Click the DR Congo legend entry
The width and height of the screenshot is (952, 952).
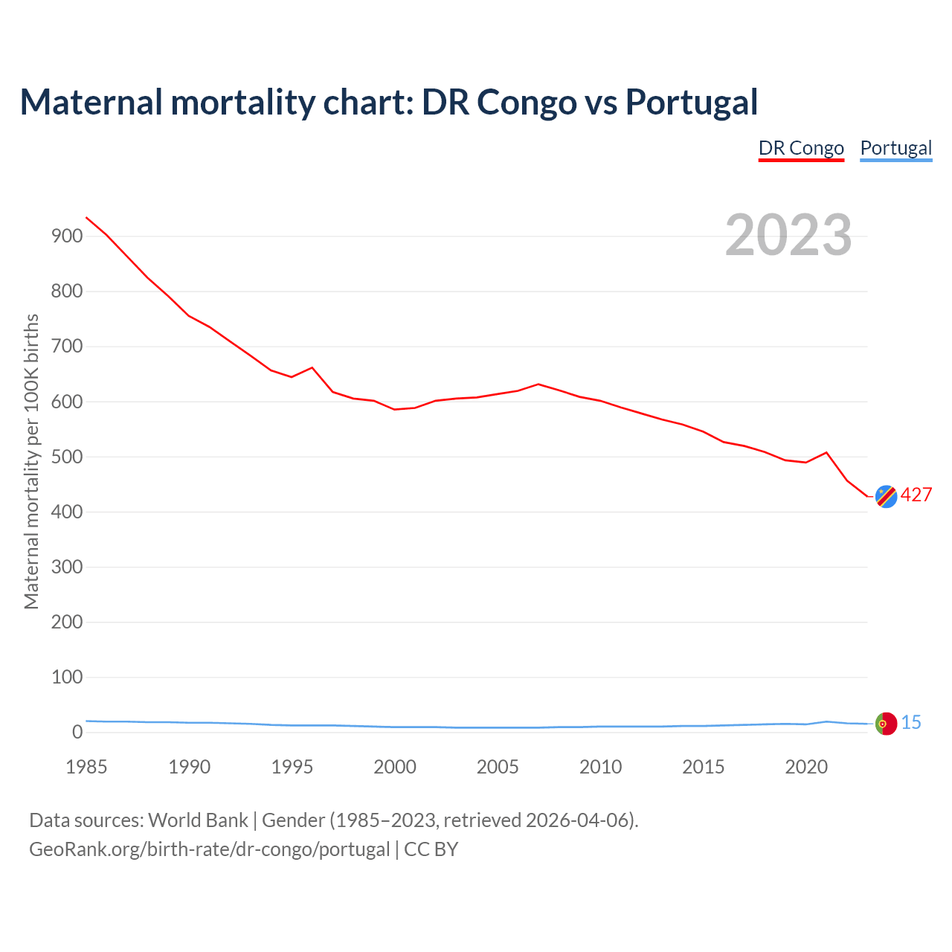tap(801, 148)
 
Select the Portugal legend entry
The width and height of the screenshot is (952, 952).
tap(895, 148)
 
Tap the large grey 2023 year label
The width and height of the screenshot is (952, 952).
tap(788, 235)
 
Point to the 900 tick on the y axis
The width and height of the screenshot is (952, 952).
tap(66, 237)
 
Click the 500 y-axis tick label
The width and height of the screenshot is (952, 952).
tap(66, 457)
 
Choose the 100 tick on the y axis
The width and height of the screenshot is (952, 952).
tap(66, 677)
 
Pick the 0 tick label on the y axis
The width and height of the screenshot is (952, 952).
tap(77, 733)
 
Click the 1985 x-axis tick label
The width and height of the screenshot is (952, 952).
tap(86, 767)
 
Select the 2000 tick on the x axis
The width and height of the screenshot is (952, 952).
tap(395, 767)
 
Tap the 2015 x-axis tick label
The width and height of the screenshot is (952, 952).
tap(703, 767)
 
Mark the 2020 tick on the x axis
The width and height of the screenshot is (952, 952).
tap(806, 767)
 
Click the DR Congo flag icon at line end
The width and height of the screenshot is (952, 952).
tap(886, 496)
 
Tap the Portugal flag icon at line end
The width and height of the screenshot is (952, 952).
tap(886, 724)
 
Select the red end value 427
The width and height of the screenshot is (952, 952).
tap(916, 495)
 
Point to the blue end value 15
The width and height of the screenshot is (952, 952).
tap(911, 723)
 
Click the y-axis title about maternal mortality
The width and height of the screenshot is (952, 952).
tap(31, 461)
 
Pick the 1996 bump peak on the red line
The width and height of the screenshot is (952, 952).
tap(312, 367)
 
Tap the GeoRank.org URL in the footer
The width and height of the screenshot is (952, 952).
tap(210, 849)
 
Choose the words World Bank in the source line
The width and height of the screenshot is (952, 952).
tap(198, 820)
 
